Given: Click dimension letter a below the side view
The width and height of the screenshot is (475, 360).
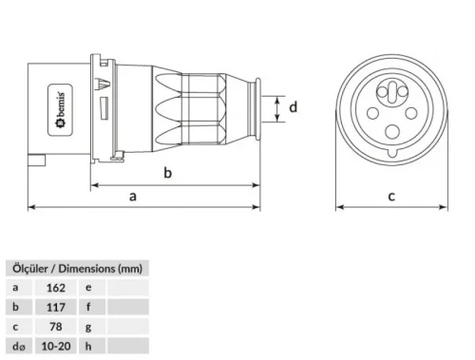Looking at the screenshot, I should point(133,196).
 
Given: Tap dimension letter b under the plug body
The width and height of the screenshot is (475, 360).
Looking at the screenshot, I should point(167,174).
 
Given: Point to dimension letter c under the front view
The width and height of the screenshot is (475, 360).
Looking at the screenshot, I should point(390,197).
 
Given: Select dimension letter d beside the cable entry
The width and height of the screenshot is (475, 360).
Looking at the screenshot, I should point(294,107).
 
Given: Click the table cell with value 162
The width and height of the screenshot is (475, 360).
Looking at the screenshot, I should point(55,286).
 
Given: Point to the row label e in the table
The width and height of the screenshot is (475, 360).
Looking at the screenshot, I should point(88,286).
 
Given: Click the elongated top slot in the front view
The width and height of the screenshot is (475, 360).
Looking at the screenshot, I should point(389,88).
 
